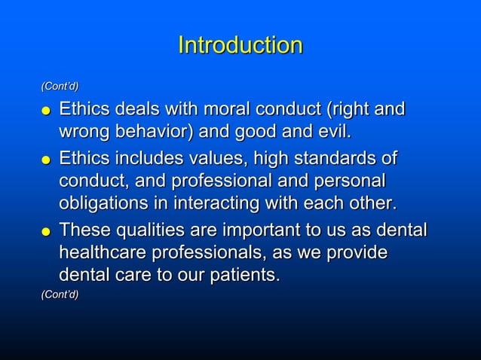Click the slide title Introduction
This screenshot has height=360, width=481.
(x=240, y=45)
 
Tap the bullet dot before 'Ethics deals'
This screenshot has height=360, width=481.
(x=46, y=112)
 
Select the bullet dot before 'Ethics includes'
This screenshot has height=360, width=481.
(x=46, y=161)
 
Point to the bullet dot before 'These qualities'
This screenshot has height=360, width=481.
(x=46, y=231)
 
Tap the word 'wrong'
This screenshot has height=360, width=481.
(x=85, y=133)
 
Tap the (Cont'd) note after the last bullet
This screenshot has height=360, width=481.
(x=60, y=295)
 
